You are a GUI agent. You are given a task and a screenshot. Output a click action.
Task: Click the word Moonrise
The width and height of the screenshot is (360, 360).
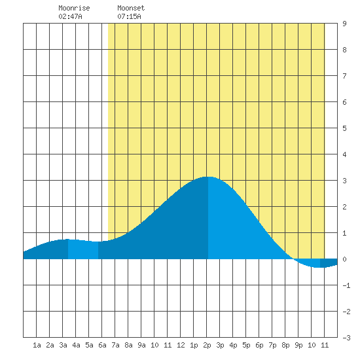tap(74, 8)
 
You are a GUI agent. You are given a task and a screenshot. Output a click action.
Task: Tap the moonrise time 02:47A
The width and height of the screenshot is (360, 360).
tap(70, 16)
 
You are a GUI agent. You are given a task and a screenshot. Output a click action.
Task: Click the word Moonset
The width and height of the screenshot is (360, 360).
tap(131, 8)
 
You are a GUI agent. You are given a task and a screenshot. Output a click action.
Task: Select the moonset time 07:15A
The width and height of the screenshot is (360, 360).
tap(129, 16)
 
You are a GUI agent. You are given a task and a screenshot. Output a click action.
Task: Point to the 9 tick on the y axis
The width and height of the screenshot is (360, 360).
tap(344, 24)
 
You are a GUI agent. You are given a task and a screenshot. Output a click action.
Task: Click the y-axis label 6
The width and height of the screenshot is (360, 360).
tap(344, 102)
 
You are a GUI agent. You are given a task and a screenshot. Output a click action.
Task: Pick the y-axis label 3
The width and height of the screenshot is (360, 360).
tap(344, 181)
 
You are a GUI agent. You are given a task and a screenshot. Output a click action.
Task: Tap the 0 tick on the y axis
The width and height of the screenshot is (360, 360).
tap(344, 259)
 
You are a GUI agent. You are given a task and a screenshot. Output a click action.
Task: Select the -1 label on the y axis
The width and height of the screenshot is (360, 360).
tap(346, 285)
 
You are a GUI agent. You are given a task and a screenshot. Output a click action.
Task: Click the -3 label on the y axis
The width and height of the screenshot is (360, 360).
tap(346, 338)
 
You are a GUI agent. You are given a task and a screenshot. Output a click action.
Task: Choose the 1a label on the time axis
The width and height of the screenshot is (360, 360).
tap(37, 345)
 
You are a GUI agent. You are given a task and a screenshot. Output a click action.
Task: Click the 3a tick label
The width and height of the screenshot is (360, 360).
tap(63, 345)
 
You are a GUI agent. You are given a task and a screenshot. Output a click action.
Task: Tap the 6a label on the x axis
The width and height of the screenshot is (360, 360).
tap(102, 345)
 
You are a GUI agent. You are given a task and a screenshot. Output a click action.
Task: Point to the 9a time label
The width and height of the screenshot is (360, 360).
tap(141, 345)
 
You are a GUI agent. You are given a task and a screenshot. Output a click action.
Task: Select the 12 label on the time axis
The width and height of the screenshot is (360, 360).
tap(181, 345)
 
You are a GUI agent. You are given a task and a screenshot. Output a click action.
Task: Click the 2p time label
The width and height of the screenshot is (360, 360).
tap(207, 345)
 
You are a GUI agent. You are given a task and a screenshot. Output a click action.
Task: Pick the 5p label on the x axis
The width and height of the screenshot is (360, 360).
tap(246, 345)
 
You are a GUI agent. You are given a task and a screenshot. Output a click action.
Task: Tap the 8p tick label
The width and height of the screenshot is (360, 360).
tap(285, 345)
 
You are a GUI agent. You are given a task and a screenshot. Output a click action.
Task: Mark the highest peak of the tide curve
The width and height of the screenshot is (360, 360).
tap(208, 177)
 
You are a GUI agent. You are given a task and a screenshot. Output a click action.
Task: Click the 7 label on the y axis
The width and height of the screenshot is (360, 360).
tap(344, 76)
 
